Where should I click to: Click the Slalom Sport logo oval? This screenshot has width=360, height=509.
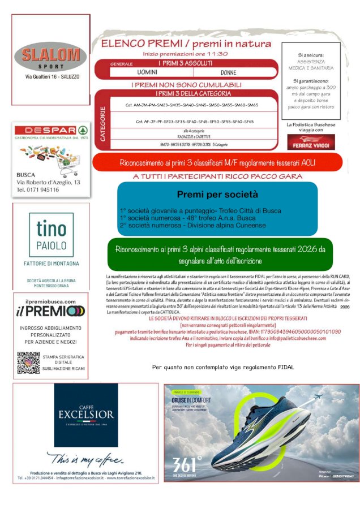pos(50,57)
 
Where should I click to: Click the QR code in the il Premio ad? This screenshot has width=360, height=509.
pos(28,362)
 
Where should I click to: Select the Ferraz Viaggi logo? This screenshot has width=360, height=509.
pos(311,142)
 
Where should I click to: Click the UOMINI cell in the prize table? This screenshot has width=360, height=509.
pos(147,72)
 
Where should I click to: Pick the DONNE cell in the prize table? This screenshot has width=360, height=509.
pos(228,72)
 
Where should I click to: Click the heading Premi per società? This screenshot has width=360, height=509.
pos(218,195)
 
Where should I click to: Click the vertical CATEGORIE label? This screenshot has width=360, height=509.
pos(102,118)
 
